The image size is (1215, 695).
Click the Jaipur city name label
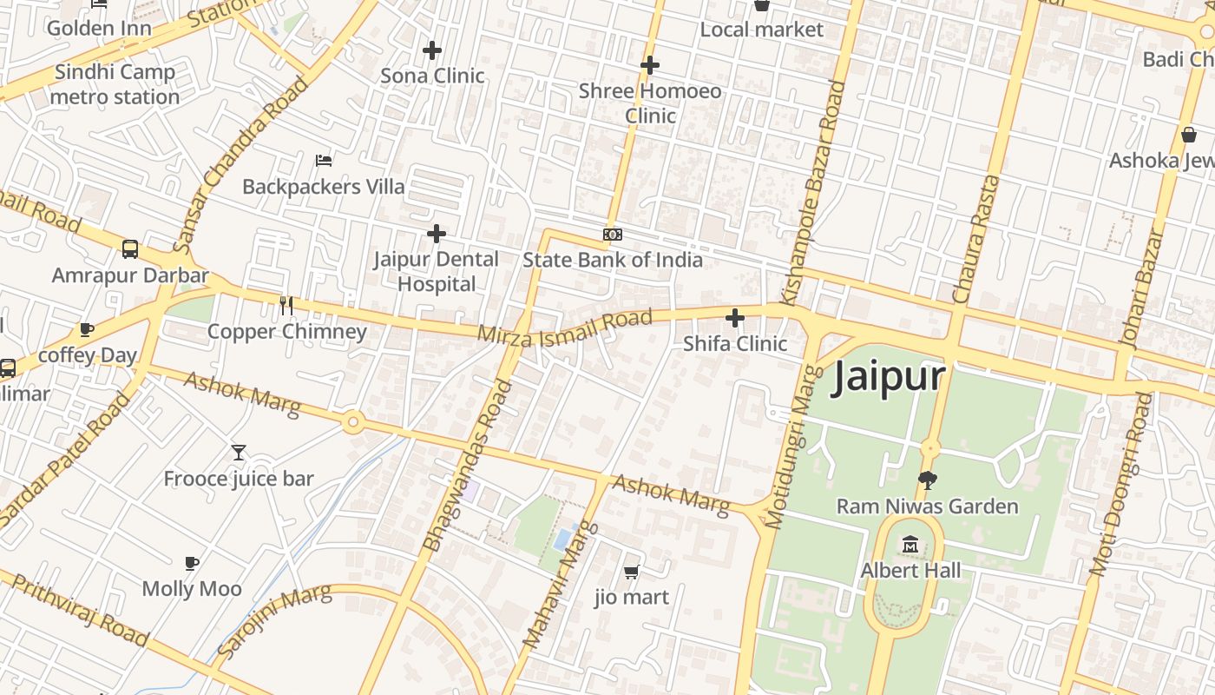[888, 378]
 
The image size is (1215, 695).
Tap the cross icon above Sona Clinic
[432, 50]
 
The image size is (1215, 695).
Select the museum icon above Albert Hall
[910, 545]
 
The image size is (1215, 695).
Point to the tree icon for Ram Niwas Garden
[927, 480]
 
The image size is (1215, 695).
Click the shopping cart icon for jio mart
[632, 571]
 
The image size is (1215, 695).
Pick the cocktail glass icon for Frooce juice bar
[239, 452]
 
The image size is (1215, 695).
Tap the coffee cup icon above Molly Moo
[192, 563]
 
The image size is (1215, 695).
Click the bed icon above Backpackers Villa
[324, 160]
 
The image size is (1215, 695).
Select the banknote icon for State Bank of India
[613, 235]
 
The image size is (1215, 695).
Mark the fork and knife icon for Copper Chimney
[286, 305]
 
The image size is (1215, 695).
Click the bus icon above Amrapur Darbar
[130, 249]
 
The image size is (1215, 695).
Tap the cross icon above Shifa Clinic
[735, 318]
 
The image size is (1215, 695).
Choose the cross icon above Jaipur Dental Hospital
[437, 233]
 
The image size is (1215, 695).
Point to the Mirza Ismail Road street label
[564, 328]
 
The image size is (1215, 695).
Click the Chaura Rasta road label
[975, 239]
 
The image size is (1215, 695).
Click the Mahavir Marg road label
[562, 584]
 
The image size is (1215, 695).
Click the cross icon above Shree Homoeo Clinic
[650, 65]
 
